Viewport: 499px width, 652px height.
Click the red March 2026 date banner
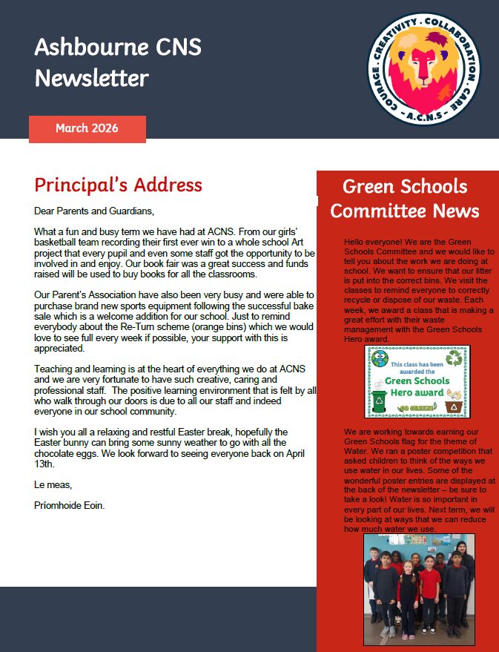87,128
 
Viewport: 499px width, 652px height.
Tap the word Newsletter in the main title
91,78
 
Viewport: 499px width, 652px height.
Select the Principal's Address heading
118,185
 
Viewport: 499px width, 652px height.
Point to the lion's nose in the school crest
423,77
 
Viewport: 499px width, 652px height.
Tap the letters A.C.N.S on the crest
424,118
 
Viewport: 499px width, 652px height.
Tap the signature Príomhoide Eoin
70,506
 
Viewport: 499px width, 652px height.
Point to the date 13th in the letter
46,464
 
